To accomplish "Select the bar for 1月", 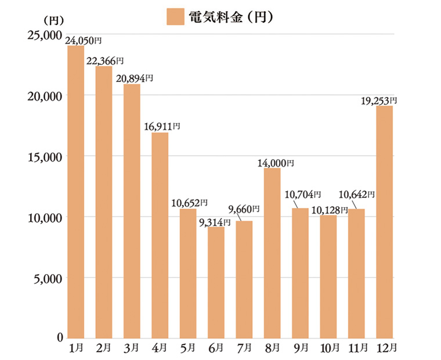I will pyautogui.click(x=75, y=192).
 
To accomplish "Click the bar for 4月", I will pyautogui.click(x=160, y=235).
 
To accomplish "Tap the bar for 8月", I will pyautogui.click(x=272, y=253).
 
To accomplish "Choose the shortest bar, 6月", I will pyautogui.click(x=216, y=282).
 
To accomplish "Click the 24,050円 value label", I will pyautogui.click(x=84, y=41).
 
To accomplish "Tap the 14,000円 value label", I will pyautogui.click(x=276, y=164).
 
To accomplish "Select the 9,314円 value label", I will pyautogui.click(x=215, y=222).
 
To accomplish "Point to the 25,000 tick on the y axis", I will pyautogui.click(x=45, y=35).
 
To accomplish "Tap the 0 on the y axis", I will pyautogui.click(x=59, y=338).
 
